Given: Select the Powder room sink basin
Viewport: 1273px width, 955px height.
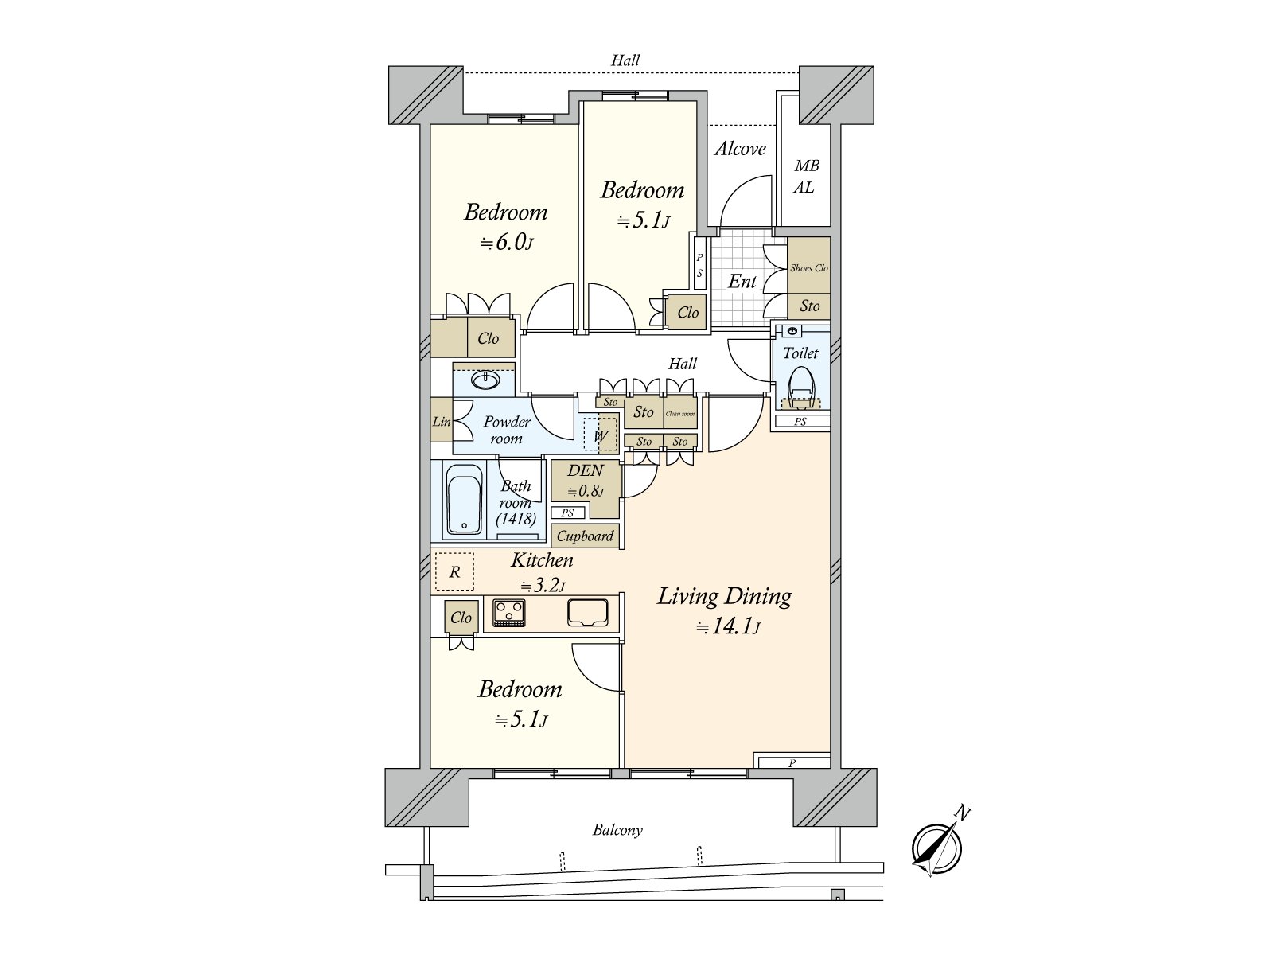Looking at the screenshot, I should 485,380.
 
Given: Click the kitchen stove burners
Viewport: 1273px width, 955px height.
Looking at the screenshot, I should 508,612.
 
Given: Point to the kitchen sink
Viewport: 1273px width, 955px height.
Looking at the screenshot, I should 588,612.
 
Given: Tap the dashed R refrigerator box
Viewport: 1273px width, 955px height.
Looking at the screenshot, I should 454,571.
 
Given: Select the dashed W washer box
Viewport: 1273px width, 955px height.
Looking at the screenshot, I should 600,435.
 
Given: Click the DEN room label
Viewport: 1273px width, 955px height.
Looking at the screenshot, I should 586,470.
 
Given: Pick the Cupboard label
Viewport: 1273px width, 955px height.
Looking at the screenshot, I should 585,536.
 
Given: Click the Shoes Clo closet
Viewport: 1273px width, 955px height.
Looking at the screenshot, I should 808,267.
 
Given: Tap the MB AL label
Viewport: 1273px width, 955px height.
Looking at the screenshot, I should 805,177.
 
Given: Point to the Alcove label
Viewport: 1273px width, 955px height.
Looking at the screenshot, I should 740,149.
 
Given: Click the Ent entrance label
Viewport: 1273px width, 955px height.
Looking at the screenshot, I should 742,281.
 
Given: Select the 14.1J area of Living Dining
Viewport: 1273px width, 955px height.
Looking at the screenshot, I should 729,627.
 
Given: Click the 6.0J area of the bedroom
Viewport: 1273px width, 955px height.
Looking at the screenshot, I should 506,243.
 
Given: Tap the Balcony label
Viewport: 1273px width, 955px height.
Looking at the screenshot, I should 617,830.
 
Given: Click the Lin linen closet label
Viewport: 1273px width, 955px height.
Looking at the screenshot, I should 442,422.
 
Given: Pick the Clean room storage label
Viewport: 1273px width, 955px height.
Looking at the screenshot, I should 680,414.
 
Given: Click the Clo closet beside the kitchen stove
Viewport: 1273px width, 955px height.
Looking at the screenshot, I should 461,618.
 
